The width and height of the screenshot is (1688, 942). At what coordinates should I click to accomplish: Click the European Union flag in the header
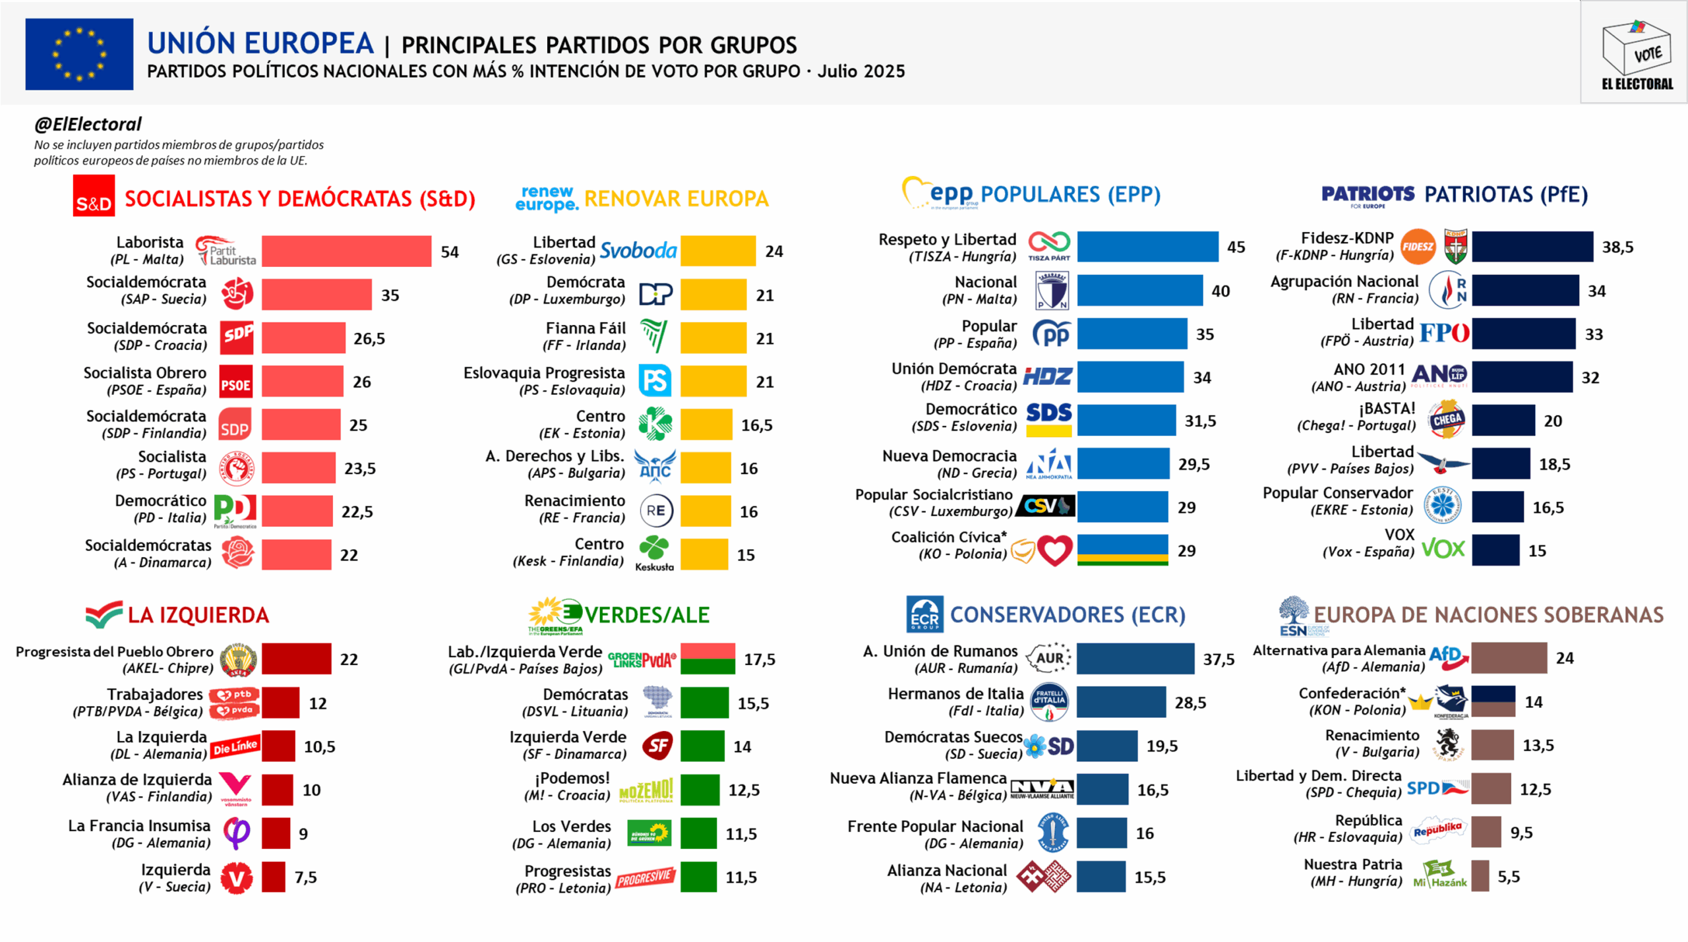[x=79, y=54]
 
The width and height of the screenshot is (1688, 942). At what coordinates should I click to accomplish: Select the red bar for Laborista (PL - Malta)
[x=346, y=251]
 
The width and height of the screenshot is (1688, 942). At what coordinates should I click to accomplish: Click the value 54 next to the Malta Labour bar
[x=450, y=252]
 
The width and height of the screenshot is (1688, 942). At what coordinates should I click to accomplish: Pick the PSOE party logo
[x=235, y=382]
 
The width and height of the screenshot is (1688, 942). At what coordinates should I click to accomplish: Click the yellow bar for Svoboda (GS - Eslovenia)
[x=718, y=251]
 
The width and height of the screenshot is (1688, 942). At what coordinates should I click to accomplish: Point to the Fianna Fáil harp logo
[x=654, y=336]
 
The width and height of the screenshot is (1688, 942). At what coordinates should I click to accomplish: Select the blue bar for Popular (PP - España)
[x=1131, y=334]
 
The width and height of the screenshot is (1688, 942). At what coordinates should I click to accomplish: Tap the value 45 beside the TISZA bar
[x=1236, y=247]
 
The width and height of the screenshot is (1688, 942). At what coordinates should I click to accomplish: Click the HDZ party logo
[x=1047, y=377]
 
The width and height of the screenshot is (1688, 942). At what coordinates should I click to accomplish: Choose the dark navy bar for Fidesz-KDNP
[x=1532, y=247]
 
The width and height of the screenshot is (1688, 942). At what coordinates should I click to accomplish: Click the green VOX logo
[x=1443, y=549]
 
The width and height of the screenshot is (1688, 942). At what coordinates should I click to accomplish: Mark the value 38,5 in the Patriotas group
[x=1617, y=247]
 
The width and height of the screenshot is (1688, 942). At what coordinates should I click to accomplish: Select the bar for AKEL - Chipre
[x=296, y=659]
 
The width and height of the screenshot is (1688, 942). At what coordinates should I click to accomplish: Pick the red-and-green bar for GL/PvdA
[x=708, y=659]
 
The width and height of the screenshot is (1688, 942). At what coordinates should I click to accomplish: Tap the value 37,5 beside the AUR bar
[x=1219, y=659]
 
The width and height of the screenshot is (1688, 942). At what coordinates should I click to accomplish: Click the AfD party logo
[x=1448, y=657]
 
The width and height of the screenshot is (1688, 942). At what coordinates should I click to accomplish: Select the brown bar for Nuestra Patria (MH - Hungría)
[x=1480, y=876]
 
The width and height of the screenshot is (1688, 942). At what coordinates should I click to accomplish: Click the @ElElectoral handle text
[x=88, y=124]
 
